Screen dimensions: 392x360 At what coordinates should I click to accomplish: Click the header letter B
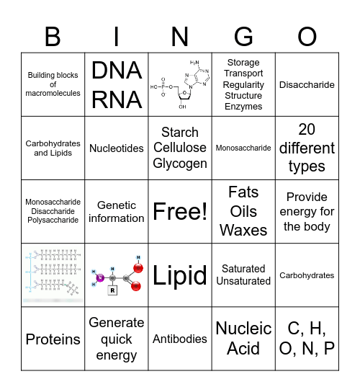point(53,35)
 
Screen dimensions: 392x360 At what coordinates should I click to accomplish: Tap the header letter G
point(243,35)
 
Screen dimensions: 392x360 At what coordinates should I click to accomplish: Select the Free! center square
point(180,211)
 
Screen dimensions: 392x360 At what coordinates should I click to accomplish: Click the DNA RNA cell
point(117,84)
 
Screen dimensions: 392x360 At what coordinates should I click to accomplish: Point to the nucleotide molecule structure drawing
point(180,84)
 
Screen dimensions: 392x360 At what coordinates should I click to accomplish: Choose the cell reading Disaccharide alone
point(307,84)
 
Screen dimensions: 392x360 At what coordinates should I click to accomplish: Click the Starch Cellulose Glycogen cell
point(180,148)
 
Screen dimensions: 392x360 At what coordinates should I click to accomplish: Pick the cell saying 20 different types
point(307,148)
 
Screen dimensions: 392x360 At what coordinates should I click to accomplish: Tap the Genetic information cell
point(117,211)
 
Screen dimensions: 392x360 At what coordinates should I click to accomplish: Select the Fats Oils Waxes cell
point(243,211)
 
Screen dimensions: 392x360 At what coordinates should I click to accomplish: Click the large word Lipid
point(180,275)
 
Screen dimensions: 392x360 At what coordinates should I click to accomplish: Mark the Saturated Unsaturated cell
point(243,275)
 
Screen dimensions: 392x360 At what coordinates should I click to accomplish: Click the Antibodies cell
point(180,338)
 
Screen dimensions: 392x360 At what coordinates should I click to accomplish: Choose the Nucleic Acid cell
point(243,338)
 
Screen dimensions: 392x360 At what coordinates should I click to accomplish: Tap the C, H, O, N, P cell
point(307,338)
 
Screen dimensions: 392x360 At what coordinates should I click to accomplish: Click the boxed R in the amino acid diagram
point(112,291)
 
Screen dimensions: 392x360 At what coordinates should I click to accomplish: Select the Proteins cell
point(53,339)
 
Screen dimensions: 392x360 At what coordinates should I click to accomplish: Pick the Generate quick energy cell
point(117,338)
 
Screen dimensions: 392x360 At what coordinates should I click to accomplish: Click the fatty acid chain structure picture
point(53,275)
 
